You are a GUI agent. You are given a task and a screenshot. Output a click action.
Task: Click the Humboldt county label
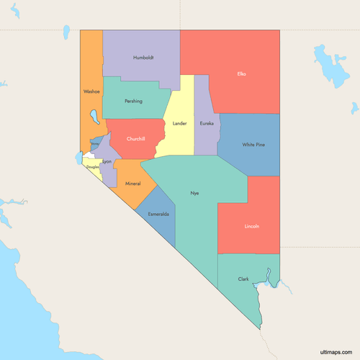point(144,58)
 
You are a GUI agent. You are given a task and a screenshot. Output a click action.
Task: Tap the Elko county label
point(241,73)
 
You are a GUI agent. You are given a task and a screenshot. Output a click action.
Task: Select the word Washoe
point(91,91)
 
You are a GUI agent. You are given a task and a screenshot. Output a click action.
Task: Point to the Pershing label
point(132,102)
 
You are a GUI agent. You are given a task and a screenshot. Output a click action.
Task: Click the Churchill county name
point(135,138)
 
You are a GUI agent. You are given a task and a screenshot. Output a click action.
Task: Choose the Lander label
point(179,123)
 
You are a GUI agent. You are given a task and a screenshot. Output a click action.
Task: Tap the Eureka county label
point(207,123)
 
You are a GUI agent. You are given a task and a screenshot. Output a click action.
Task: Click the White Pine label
point(253,145)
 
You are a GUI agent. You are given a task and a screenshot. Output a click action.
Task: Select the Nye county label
point(194,193)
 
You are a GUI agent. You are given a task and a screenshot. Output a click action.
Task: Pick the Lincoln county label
point(251,226)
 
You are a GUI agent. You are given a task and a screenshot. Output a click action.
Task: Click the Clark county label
point(243,279)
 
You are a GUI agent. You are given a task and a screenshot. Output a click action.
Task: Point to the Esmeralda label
point(158,215)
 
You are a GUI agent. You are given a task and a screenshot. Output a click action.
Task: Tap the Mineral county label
point(133,184)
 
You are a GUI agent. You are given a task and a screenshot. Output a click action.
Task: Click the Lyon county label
point(107,162)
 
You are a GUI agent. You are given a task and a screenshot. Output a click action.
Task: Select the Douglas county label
point(93,167)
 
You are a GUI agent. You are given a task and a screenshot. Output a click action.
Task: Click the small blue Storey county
point(94,145)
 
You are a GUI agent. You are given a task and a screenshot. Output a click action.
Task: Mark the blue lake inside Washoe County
point(93,116)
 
